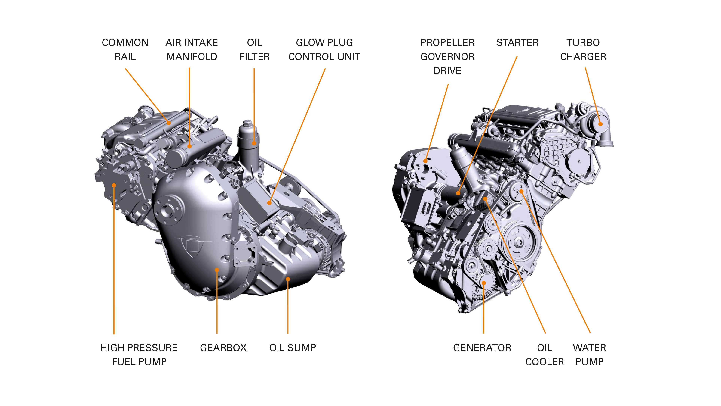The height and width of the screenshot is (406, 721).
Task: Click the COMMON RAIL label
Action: [x=125, y=50]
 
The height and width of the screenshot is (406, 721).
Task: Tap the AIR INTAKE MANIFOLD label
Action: [x=192, y=50]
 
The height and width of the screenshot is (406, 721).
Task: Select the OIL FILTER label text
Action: [x=254, y=50]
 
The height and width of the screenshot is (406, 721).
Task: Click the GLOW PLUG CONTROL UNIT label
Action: [x=324, y=50]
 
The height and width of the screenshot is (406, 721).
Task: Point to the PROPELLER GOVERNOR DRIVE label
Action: [x=447, y=57]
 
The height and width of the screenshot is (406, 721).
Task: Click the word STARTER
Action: [x=517, y=43]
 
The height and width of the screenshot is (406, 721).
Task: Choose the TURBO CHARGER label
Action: [x=583, y=50]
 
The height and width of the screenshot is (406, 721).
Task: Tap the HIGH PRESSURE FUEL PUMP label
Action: [x=139, y=354]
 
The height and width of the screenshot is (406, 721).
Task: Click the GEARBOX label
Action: [x=223, y=348]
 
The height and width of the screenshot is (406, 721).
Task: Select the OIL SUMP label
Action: [x=293, y=348]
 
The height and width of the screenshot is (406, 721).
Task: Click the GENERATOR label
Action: [x=482, y=348]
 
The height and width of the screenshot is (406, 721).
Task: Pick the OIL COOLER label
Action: [x=544, y=354]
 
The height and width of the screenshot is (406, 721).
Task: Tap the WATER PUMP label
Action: [x=589, y=354]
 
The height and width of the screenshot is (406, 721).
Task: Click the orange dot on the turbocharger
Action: [x=600, y=124]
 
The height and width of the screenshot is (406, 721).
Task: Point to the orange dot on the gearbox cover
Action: [x=217, y=270]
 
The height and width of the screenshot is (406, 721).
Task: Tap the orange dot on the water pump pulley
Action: [x=521, y=192]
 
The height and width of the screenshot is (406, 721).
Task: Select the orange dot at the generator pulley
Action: [x=484, y=283]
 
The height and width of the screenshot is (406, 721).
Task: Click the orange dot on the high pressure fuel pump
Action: [x=114, y=185]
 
